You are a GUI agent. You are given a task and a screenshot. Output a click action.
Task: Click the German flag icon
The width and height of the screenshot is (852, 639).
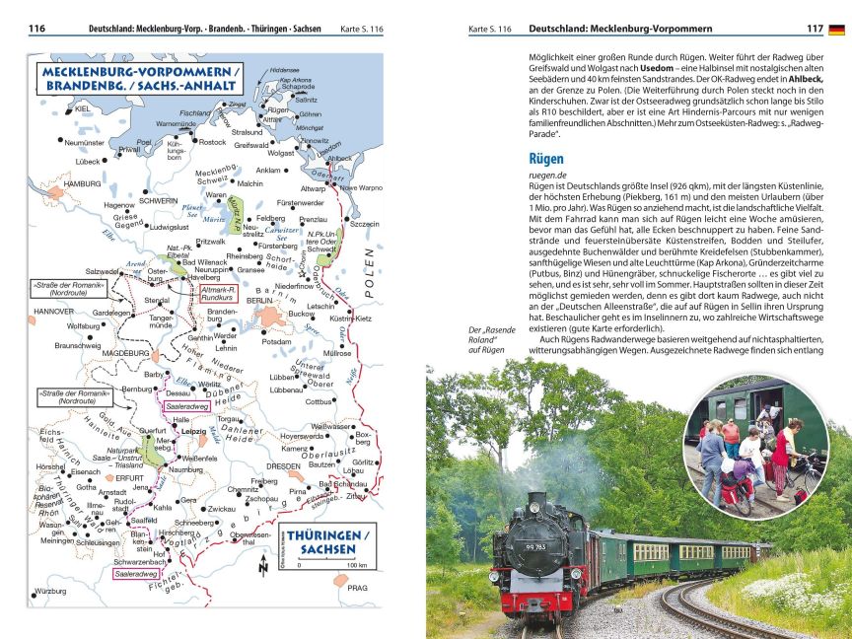(836, 30)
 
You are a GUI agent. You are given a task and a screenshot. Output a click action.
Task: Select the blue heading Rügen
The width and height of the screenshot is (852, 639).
(545, 158)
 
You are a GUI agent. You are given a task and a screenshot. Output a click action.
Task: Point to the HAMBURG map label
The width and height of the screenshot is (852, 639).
(83, 184)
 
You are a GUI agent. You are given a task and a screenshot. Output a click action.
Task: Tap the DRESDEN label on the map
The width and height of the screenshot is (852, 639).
(284, 465)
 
